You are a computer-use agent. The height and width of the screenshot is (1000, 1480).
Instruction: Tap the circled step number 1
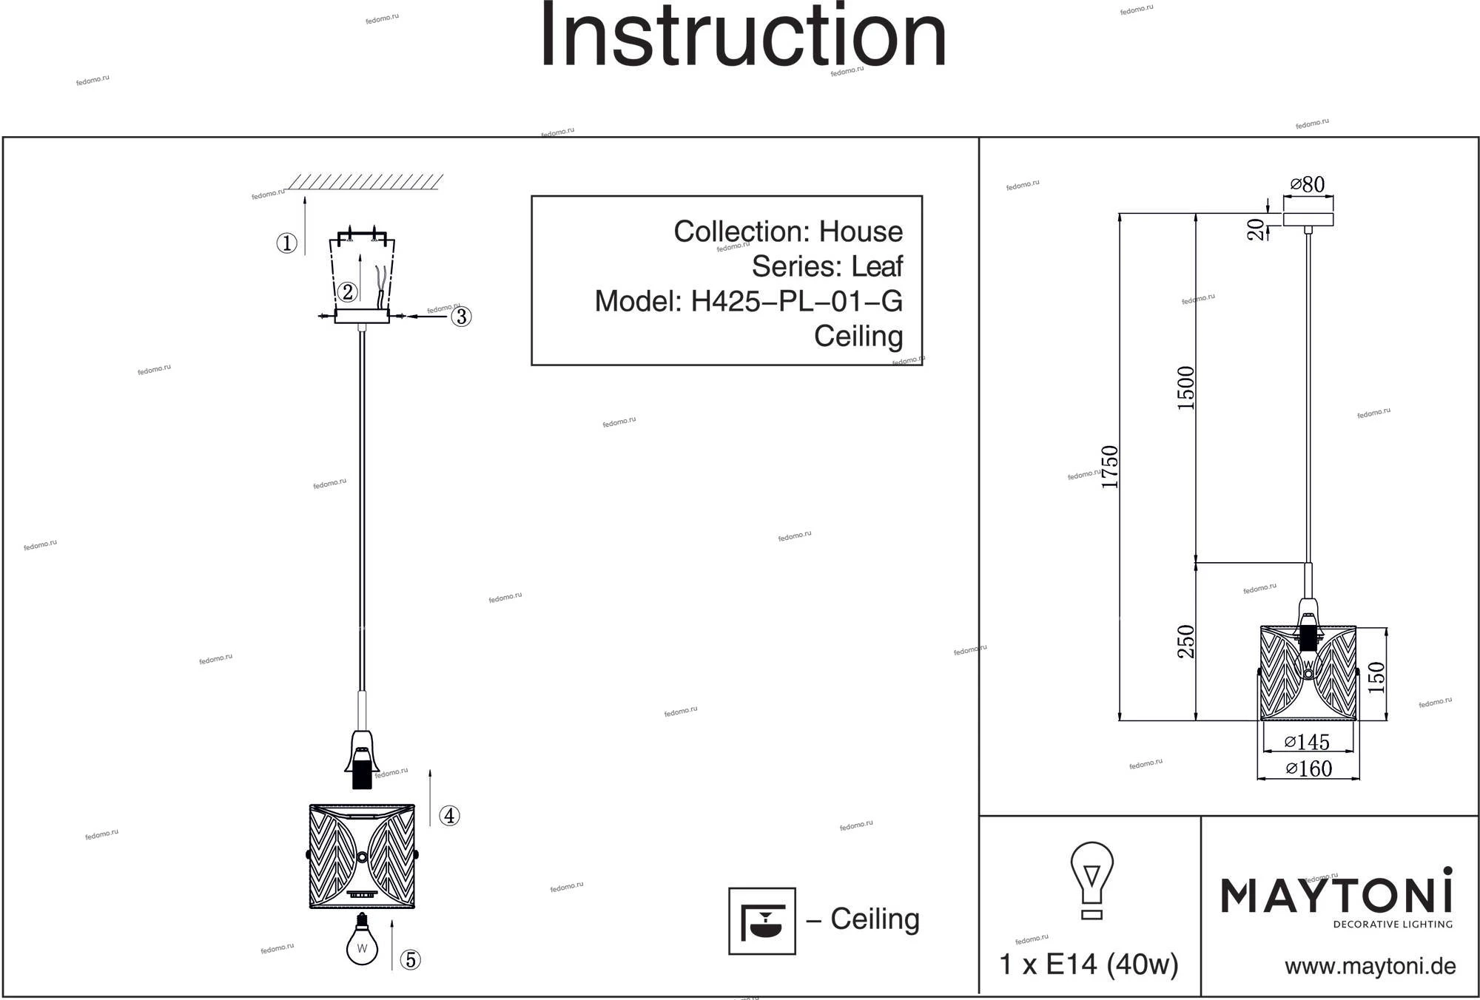tap(286, 243)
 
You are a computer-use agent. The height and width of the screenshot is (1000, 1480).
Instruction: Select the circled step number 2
tap(348, 292)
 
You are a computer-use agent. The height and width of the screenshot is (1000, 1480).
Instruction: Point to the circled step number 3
tap(461, 317)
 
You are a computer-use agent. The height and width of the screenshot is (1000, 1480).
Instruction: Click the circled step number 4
tap(449, 816)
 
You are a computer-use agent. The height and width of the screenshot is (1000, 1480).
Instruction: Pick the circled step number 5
tap(410, 960)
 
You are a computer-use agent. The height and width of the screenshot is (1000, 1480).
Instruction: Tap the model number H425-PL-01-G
tap(796, 301)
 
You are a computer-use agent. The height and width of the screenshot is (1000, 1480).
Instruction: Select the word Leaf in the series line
tap(877, 266)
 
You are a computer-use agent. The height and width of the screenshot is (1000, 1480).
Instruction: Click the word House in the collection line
tap(861, 232)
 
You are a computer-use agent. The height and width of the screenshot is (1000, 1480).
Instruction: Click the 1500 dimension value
tap(1185, 388)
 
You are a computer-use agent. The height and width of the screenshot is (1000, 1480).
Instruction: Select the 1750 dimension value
tap(1109, 467)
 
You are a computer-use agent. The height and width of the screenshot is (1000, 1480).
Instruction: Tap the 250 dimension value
tap(1185, 641)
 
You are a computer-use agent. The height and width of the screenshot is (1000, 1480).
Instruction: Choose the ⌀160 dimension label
tap(1308, 768)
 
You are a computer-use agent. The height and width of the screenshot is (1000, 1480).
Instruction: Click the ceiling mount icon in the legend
tap(762, 921)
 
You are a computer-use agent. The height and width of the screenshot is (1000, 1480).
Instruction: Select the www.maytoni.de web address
tap(1370, 966)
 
